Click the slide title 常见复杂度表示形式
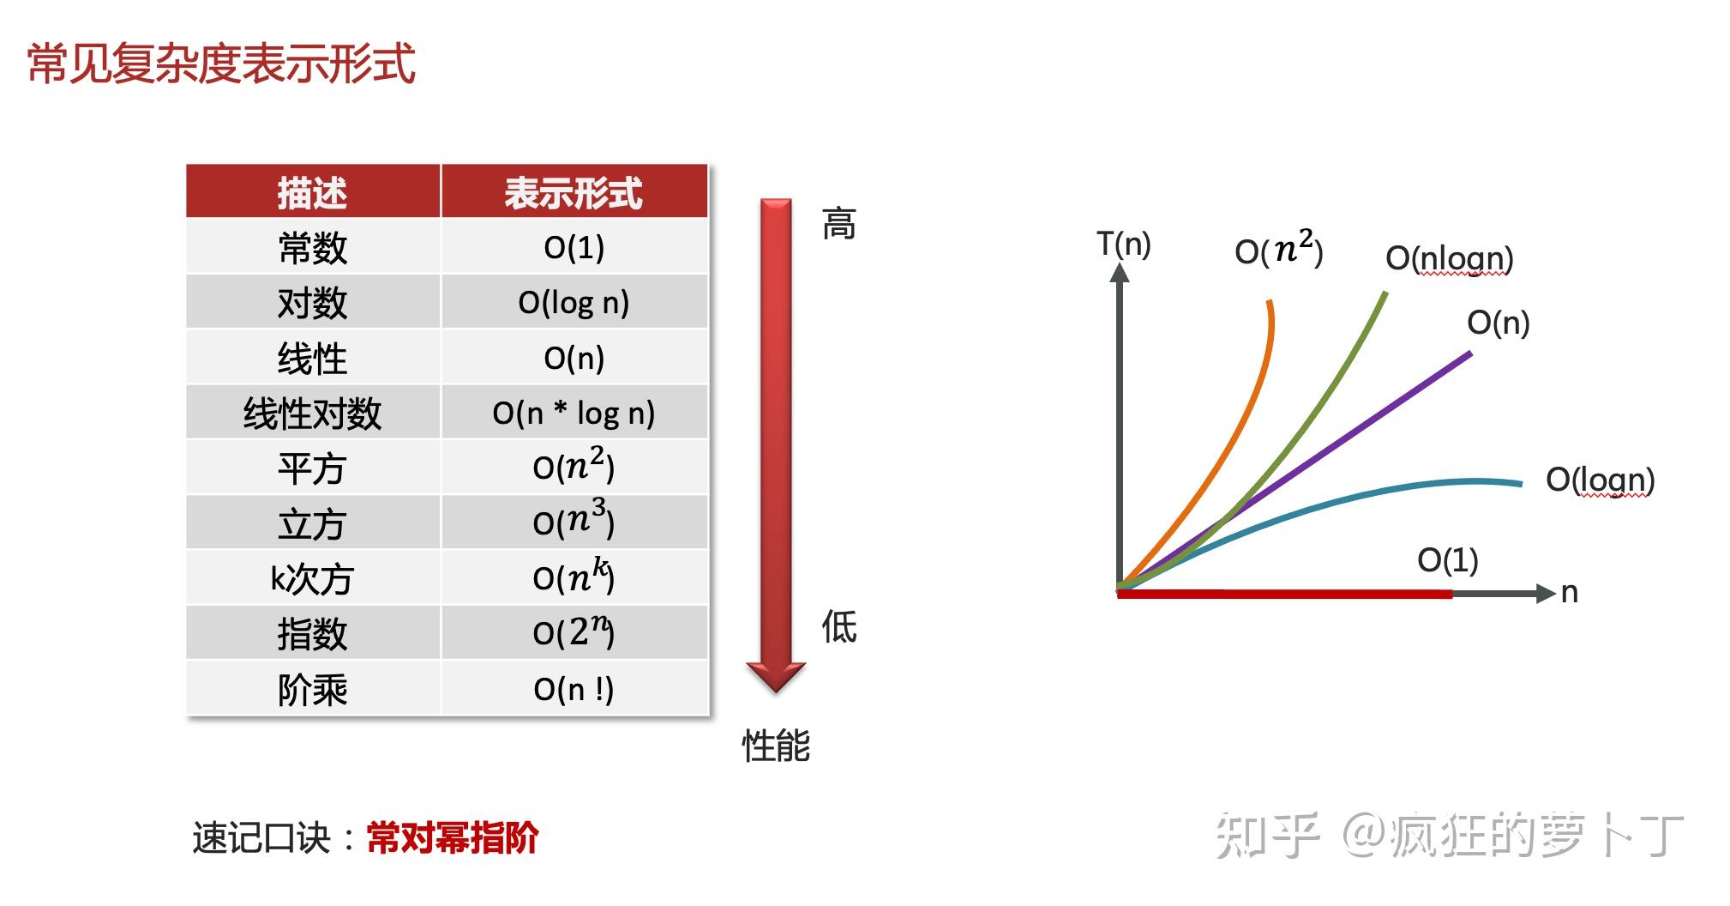(x=221, y=64)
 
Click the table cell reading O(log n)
(x=574, y=303)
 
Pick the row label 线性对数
(x=312, y=414)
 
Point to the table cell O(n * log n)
(x=574, y=414)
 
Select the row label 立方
(x=312, y=524)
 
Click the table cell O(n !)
(x=574, y=689)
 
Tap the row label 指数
(x=312, y=634)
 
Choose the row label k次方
(x=312, y=579)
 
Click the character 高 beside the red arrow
(x=838, y=225)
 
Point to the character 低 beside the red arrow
(x=839, y=626)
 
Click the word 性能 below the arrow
(x=776, y=745)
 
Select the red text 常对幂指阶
(x=452, y=837)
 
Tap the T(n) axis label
(x=1124, y=245)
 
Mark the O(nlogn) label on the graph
(x=1450, y=258)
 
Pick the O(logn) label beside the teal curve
(x=1600, y=480)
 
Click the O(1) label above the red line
(x=1448, y=560)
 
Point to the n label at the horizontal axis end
(x=1569, y=593)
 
